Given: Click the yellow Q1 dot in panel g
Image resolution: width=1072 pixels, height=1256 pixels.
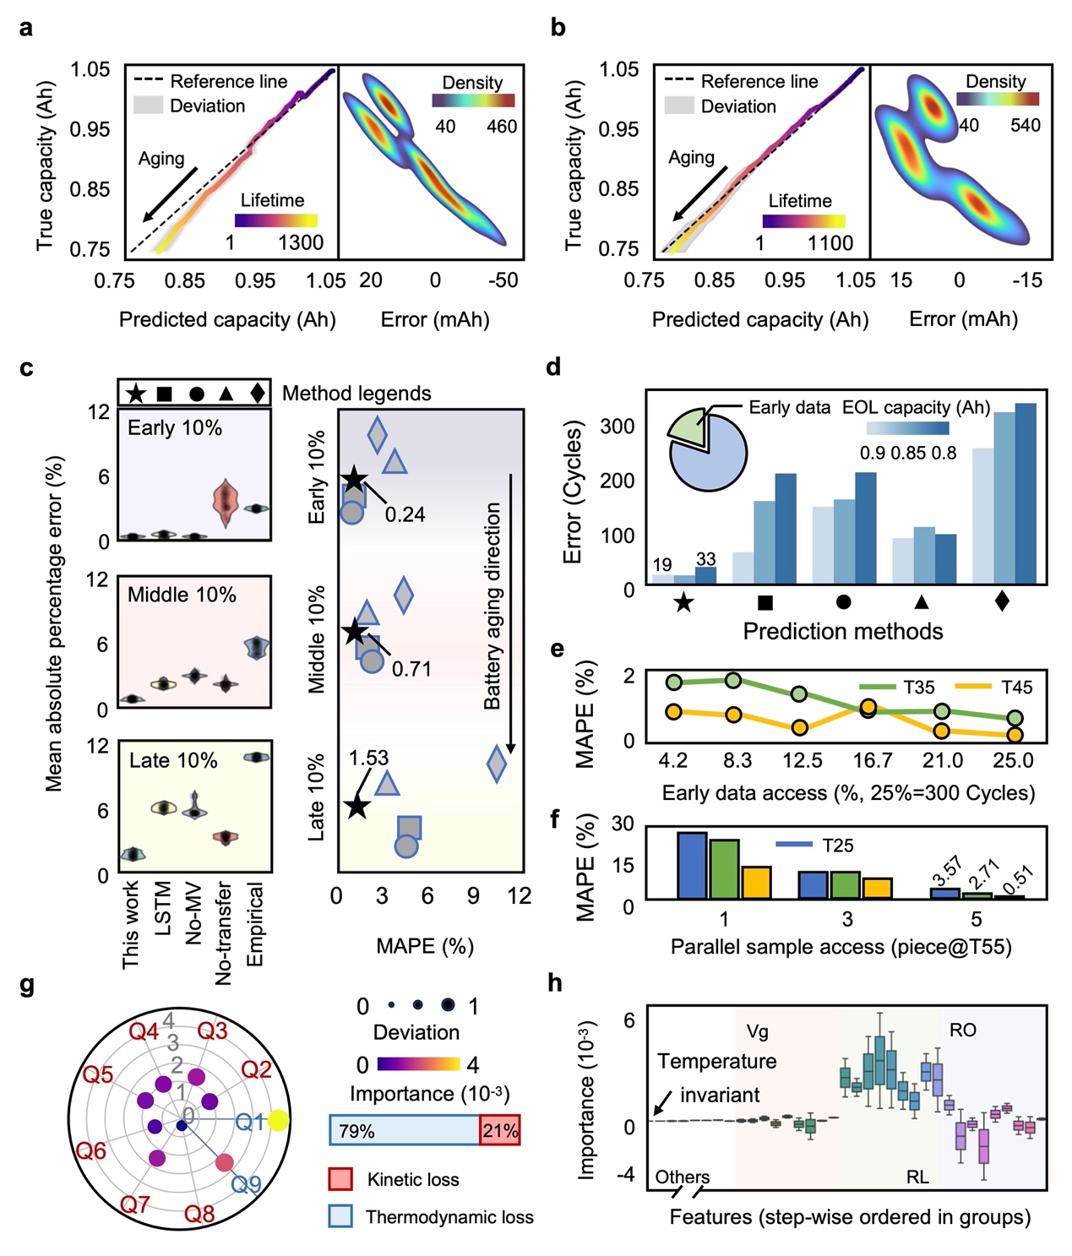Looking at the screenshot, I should [279, 1121].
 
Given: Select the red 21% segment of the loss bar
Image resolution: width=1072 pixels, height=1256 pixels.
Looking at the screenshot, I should [499, 1130].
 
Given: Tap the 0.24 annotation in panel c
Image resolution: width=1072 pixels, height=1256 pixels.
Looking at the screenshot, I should [405, 514].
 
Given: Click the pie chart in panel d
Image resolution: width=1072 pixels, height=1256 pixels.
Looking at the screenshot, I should [707, 449].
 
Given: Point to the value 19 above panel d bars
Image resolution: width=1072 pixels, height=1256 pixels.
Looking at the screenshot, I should [662, 565].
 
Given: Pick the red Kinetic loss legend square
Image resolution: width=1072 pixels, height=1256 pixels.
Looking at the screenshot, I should [340, 1179].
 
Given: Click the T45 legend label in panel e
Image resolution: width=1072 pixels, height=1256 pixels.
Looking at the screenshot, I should [1016, 688].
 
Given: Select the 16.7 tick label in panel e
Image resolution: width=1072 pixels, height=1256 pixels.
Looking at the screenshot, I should [872, 761].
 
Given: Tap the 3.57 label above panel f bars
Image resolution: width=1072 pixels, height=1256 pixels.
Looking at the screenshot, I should [947, 872].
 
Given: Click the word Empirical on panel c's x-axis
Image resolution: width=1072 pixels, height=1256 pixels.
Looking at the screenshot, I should [255, 924].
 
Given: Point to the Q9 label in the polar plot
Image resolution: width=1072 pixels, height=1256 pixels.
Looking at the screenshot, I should [247, 1185].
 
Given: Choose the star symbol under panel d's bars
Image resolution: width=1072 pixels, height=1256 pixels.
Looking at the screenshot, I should [684, 603].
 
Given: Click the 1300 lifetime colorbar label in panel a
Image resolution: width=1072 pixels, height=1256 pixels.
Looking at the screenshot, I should [301, 243].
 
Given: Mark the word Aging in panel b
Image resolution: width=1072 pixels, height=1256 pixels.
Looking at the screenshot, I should [691, 158].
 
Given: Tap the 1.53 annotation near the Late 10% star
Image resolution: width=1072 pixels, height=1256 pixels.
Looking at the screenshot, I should [369, 758].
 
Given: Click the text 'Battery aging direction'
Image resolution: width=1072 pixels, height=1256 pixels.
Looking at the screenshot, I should [492, 606].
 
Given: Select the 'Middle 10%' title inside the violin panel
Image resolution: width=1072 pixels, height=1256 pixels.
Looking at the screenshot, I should [182, 595].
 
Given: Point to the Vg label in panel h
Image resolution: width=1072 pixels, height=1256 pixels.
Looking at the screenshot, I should [758, 1031].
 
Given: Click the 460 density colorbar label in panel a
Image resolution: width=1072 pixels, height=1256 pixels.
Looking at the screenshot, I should [502, 127].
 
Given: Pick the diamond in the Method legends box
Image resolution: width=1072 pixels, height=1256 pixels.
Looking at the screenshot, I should [258, 393].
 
